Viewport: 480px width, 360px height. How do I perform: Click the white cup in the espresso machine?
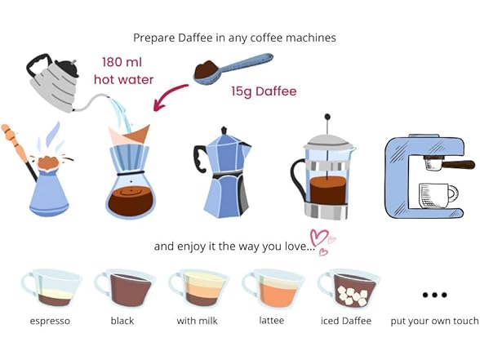tap(436, 196)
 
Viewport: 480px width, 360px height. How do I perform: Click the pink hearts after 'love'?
tap(321, 240)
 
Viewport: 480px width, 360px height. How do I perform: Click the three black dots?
tap(434, 295)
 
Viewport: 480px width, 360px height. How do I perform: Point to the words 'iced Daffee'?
tap(347, 321)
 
